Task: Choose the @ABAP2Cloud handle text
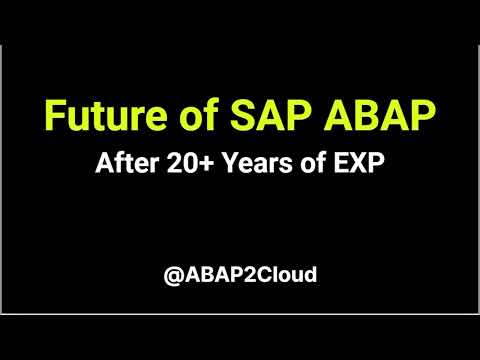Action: click(x=240, y=273)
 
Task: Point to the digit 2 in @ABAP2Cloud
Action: click(x=245, y=273)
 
